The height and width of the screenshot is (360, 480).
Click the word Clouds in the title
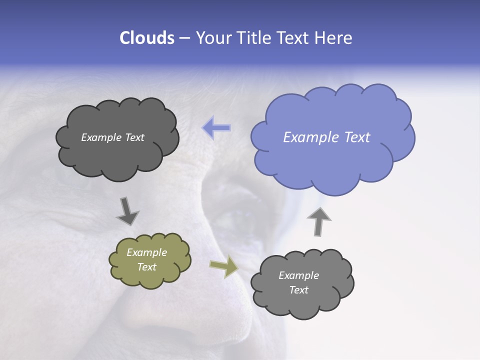pos(146,38)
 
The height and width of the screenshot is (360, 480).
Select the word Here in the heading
pos(334,38)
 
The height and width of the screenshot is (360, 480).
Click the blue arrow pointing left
pos(216,128)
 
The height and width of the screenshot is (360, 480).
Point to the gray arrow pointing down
pos(127,211)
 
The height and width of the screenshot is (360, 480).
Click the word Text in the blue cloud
pos(357,137)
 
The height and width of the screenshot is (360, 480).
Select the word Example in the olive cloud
pos(146,252)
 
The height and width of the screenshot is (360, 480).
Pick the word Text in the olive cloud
pos(146,267)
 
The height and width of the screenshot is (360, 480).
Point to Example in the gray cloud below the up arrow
pos(298,275)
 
